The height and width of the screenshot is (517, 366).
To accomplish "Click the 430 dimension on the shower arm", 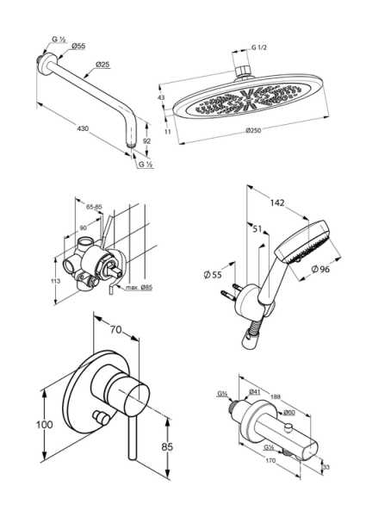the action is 83,128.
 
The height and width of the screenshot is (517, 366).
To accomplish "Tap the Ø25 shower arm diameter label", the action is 102,65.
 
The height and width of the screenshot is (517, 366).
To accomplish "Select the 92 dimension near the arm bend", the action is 147,140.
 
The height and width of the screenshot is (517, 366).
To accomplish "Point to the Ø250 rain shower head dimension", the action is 253,130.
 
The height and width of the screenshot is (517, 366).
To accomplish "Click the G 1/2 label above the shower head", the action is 259,47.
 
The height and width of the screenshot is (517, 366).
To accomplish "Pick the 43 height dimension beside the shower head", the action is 161,97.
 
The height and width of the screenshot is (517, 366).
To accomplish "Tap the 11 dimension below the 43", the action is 167,132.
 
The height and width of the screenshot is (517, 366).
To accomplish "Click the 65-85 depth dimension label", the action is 94,207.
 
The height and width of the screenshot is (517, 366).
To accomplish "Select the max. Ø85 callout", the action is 139,288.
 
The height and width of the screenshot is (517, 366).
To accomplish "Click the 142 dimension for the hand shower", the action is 277,202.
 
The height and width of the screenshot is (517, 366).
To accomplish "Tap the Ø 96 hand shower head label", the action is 320,269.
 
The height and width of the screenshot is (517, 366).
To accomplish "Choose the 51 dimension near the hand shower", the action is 257,228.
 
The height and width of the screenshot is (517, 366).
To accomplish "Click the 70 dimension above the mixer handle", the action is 115,329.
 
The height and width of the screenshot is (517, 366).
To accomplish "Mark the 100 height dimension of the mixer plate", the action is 44,424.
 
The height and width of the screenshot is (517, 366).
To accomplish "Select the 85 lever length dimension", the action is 167,446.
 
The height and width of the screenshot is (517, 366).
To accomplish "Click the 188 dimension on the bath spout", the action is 276,397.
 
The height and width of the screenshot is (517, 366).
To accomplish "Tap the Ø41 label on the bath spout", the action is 255,392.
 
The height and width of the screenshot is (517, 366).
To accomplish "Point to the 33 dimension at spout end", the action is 326,467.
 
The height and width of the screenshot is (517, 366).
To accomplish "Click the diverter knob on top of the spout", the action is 289,428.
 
